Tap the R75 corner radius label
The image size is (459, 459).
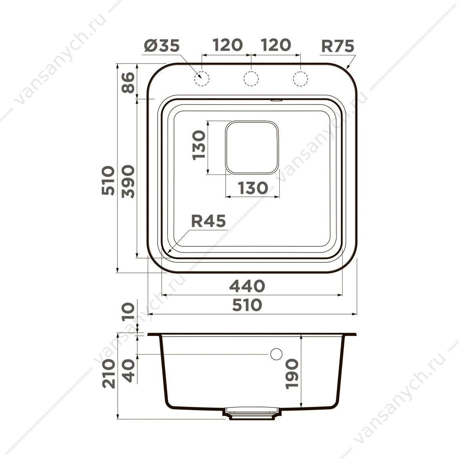[x=338, y=46]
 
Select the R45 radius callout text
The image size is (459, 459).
[x=208, y=221]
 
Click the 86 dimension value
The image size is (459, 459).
[x=128, y=83]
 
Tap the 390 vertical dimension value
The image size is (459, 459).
[x=128, y=182]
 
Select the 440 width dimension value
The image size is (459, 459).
[x=247, y=286]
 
